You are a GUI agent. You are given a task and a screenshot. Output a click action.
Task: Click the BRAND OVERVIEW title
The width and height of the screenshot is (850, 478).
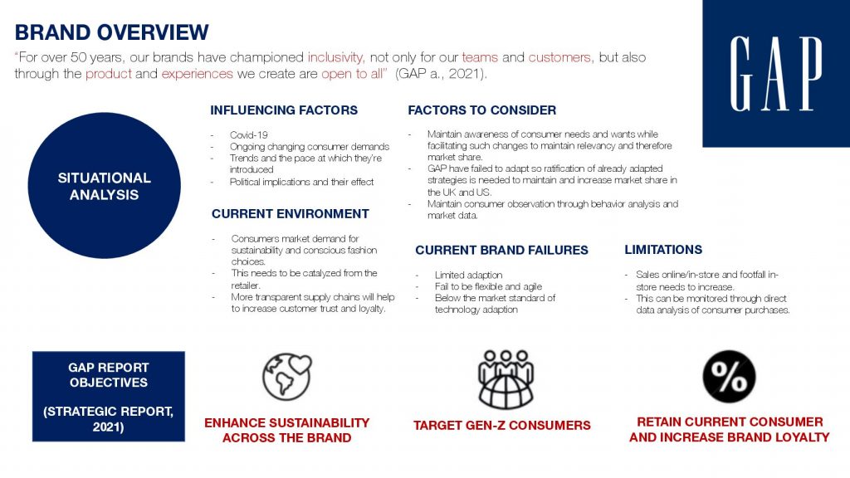[x=112, y=32]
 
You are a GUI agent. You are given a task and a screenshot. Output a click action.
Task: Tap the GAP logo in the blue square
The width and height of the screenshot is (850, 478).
[x=776, y=74]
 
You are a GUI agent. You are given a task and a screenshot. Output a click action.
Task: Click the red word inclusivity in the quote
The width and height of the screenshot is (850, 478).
[x=335, y=57]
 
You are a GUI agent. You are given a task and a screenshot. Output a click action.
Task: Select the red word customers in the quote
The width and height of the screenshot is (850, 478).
[x=559, y=57]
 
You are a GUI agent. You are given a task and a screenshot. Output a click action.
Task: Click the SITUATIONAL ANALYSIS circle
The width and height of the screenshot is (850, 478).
[x=104, y=185]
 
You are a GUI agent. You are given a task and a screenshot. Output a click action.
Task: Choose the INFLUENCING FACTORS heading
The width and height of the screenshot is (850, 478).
[x=284, y=110]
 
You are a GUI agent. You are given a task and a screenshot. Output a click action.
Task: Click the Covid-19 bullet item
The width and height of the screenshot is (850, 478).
[x=249, y=135]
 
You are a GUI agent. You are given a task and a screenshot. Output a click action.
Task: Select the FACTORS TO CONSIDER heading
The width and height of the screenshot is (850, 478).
[x=482, y=110]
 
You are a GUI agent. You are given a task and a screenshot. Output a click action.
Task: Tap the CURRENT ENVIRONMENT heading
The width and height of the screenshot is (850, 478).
[x=291, y=213]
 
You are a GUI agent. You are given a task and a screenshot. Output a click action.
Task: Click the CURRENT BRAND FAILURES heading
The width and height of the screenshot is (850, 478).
[x=501, y=250]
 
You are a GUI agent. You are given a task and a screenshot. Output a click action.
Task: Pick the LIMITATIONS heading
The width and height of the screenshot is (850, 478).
[x=663, y=249]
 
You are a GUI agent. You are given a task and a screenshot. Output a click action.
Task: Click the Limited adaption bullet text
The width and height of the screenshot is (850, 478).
[x=468, y=275]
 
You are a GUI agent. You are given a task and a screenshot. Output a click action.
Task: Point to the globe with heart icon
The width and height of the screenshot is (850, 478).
[x=286, y=377]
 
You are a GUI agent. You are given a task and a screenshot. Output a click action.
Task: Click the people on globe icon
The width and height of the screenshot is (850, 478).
[x=506, y=378]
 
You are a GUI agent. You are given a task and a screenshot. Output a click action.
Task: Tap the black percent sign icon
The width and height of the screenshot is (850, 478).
[x=729, y=377]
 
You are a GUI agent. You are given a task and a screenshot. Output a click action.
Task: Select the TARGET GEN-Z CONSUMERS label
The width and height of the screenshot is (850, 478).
[x=502, y=426]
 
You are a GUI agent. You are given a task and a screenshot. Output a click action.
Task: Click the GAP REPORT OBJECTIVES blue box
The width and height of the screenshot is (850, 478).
[x=109, y=396]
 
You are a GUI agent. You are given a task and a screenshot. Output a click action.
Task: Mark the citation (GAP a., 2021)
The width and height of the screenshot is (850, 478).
[x=441, y=74]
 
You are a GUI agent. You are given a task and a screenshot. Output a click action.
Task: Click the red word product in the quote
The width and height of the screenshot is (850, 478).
[x=109, y=74]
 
